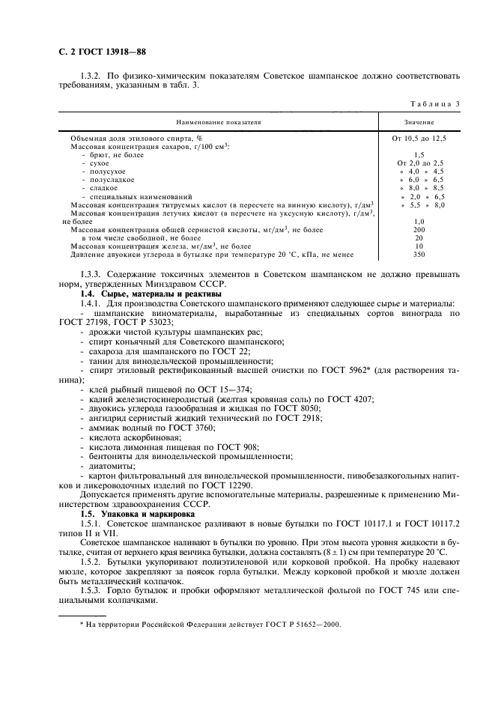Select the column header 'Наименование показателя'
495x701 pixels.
pyautogui.click(x=219, y=121)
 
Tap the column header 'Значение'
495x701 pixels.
pyautogui.click(x=419, y=121)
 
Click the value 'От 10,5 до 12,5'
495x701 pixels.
pyautogui.click(x=419, y=139)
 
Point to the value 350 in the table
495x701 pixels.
pyautogui.click(x=419, y=255)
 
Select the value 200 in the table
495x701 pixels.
pyautogui.click(x=419, y=230)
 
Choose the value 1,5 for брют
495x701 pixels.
pyautogui.click(x=419, y=155)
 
